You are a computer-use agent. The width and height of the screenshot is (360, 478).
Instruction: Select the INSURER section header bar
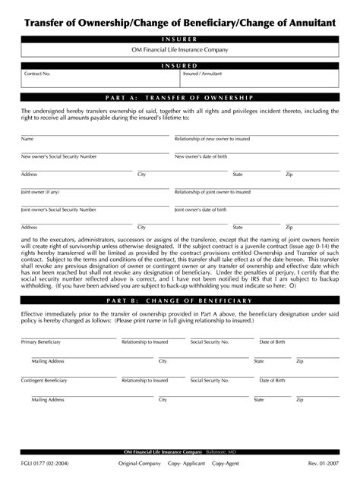pos(179,39)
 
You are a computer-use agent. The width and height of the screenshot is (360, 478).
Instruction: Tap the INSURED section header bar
pos(179,66)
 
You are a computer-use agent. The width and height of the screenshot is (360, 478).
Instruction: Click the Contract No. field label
pos(37,74)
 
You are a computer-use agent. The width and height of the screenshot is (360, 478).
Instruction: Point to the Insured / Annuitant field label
pos(202,74)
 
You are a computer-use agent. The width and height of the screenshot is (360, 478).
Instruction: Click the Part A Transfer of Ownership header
pos(179,98)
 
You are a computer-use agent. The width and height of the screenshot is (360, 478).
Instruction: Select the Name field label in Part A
pos(27,140)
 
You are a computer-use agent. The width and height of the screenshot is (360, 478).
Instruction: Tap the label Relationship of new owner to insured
pos(213,140)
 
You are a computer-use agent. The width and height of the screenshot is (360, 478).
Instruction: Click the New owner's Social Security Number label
pos(58,156)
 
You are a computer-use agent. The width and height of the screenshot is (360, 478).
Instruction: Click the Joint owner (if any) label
pos(39,192)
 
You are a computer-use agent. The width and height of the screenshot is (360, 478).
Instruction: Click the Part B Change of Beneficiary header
pos(179,300)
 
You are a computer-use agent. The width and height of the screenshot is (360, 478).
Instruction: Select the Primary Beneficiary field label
pos(39,342)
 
